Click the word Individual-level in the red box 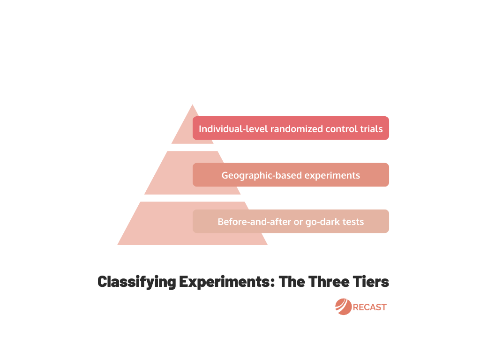click(233, 129)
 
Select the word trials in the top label click(371, 129)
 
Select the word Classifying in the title click(137, 282)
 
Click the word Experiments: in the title click(227, 282)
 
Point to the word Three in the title click(329, 282)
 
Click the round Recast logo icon click(344, 307)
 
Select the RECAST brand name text click(370, 307)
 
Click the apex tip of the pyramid click(193, 105)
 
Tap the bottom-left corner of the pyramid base click(117, 245)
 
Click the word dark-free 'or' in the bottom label click(298, 223)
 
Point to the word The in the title click(292, 282)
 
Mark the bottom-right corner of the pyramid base click(268, 245)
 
